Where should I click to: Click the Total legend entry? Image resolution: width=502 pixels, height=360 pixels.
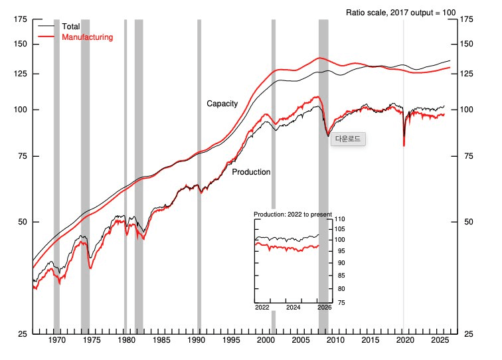[70, 27]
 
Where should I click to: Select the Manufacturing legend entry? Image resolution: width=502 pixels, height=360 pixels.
[86, 37]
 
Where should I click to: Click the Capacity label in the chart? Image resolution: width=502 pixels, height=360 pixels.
[222, 104]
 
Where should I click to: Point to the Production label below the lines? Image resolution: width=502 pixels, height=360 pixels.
[251, 172]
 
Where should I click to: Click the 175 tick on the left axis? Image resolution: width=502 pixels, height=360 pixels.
[21, 20]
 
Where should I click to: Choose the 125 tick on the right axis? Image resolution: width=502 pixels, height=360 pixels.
[466, 74]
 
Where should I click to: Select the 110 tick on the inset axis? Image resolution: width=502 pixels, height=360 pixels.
[341, 220]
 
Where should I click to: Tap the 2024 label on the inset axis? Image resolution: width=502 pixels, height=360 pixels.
[293, 308]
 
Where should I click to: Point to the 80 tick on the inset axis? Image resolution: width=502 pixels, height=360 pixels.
[339, 289]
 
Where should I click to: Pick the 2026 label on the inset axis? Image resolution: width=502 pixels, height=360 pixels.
[324, 308]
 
